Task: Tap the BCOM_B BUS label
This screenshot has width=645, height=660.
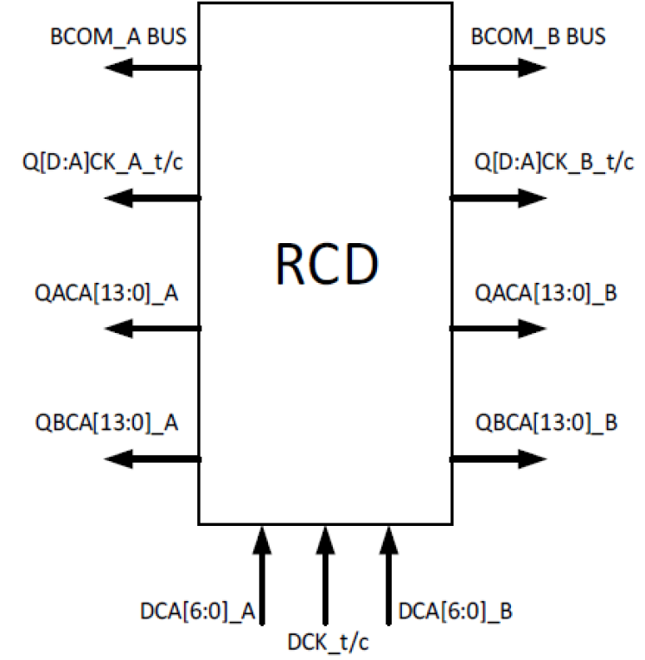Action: coord(538,37)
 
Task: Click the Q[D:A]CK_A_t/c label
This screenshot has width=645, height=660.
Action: coord(105,163)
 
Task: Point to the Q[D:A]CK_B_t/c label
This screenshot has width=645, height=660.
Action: coord(554,163)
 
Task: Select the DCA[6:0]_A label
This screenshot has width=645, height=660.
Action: coord(197,612)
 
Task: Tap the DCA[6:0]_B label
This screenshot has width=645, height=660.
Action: coord(456,612)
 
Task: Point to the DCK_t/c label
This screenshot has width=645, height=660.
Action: coord(329,643)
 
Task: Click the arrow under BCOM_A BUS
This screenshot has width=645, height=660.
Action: coord(152,67)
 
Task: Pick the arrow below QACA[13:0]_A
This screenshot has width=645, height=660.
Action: coord(152,328)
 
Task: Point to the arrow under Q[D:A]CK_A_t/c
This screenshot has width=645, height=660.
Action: coord(152,198)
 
